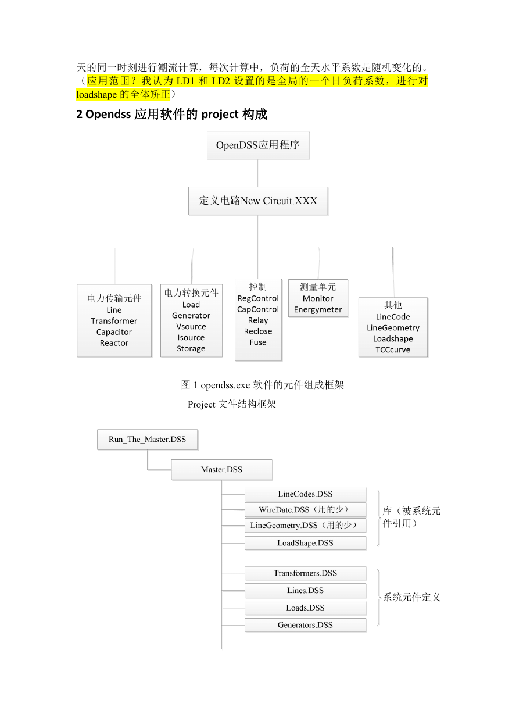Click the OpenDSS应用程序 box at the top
258,145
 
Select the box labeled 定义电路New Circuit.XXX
258,201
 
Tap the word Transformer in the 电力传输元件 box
114,321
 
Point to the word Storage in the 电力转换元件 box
191,349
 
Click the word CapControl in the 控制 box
258,309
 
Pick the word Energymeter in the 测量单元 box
318,310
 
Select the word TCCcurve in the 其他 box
393,350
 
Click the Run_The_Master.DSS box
148,440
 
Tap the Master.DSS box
222,470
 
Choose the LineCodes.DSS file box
305,494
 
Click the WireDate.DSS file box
305,510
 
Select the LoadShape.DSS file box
305,543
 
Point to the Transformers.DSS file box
305,573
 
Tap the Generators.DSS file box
305,625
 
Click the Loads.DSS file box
305,608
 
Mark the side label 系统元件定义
411,597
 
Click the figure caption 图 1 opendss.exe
216,385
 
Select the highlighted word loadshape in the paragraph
96,95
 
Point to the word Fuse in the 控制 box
258,342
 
